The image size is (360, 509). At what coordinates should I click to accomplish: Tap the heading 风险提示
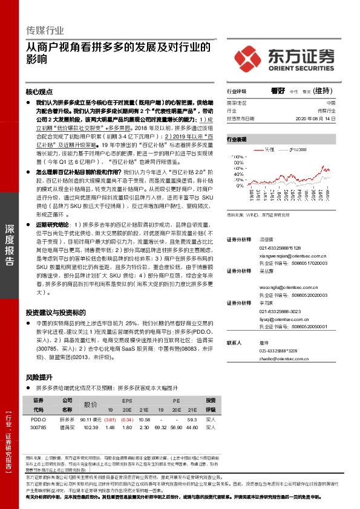coord(38,377)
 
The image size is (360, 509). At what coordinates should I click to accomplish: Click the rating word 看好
coord(278,91)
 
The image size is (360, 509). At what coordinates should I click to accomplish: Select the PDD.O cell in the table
coord(38,419)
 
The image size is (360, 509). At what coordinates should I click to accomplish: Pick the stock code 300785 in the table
coord(38,427)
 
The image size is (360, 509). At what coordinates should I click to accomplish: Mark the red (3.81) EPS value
coord(110,419)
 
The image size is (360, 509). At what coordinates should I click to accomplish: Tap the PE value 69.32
coord(161,427)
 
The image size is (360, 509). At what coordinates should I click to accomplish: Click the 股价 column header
coord(90,404)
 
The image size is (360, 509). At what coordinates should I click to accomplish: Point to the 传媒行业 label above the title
coord(44,31)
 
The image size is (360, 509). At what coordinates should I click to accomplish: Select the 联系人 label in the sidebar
coord(234,342)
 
